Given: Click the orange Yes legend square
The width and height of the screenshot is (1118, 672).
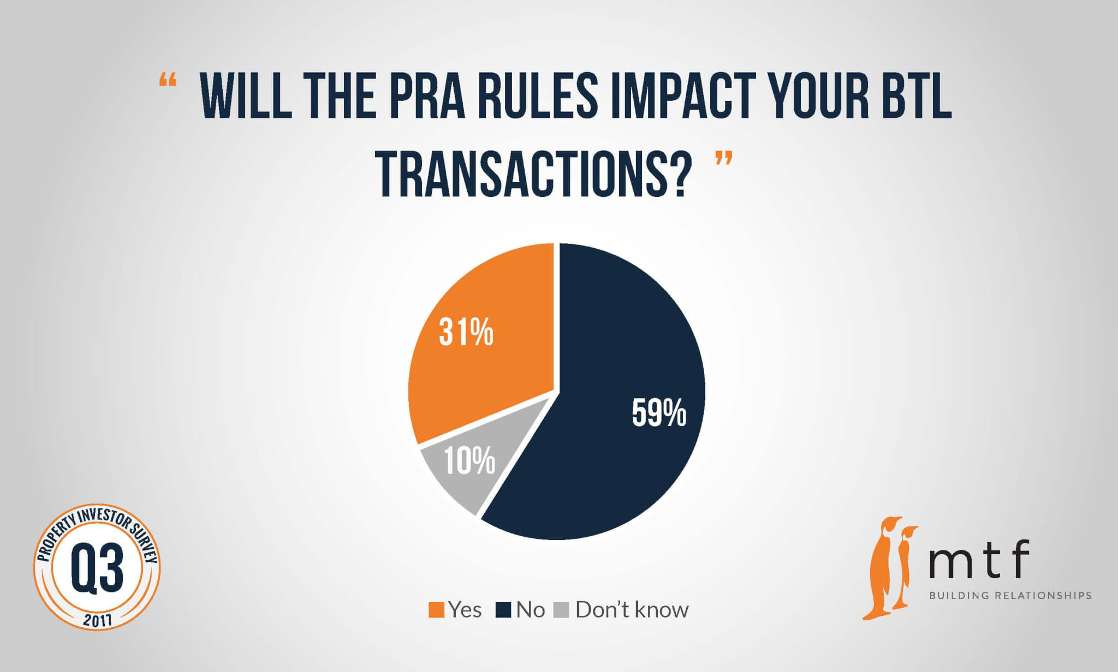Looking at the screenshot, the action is coord(436,610).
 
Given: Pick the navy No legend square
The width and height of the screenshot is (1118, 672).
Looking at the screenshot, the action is coord(503,610).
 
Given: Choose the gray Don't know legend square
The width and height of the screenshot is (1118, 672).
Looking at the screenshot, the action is coord(561,610).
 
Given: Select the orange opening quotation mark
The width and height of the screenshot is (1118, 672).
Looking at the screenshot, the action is coord(168,81).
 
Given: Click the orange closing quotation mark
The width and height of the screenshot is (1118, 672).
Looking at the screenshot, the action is coord(723,159).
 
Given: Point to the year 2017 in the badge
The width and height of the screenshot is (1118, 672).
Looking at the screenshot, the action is coord(97,619).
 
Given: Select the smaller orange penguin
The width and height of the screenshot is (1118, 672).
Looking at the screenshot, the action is coord(907,567).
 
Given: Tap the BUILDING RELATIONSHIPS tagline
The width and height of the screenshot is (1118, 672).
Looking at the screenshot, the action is coord(1010,595).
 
